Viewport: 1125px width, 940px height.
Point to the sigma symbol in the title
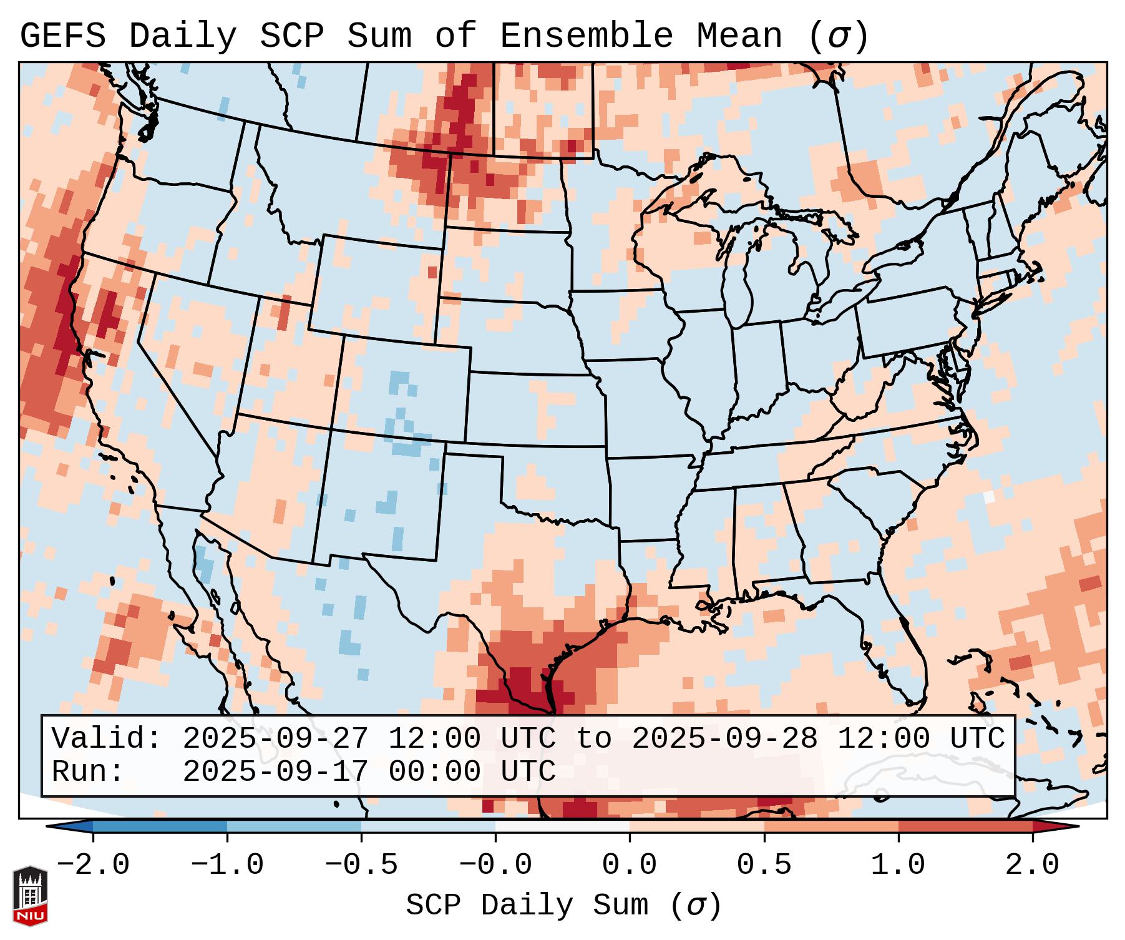coord(838,36)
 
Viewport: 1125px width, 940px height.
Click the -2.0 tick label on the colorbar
coord(93,865)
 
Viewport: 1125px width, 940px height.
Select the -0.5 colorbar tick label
coord(361,865)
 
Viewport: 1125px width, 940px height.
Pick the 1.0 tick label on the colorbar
coord(898,865)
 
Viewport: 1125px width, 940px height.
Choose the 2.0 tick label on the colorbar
coord(1033,865)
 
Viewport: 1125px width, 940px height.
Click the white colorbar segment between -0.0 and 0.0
coord(562,826)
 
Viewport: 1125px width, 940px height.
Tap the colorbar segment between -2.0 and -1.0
coord(160,826)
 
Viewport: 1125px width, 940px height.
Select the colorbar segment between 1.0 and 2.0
coord(965,826)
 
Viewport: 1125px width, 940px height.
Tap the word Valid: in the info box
coord(106,739)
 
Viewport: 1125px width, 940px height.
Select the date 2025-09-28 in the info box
coord(724,739)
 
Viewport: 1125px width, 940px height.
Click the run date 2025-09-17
coord(275,772)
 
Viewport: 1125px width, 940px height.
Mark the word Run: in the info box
coord(87,772)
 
